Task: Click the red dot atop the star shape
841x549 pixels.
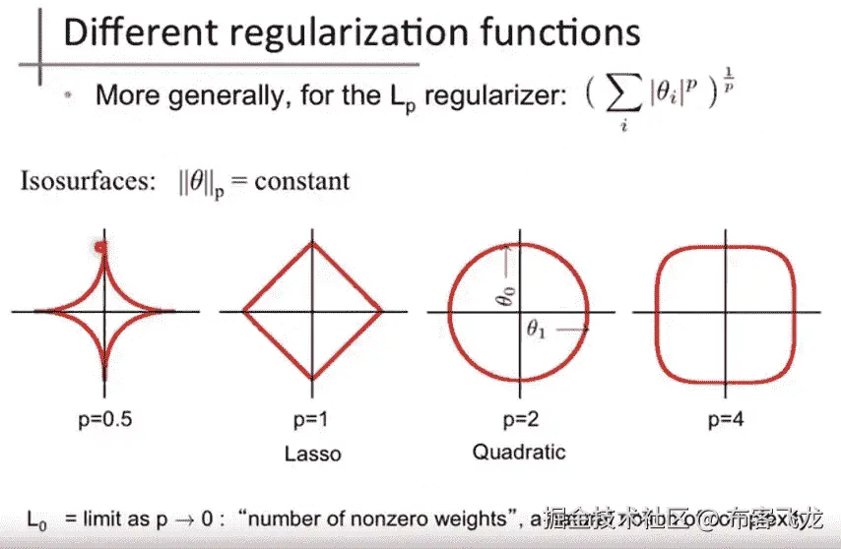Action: (99, 248)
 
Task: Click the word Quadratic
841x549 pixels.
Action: (518, 452)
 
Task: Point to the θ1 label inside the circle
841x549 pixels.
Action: (536, 331)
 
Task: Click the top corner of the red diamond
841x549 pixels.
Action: (312, 243)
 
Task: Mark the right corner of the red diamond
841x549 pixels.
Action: (381, 311)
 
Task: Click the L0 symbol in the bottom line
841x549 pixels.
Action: (35, 518)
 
